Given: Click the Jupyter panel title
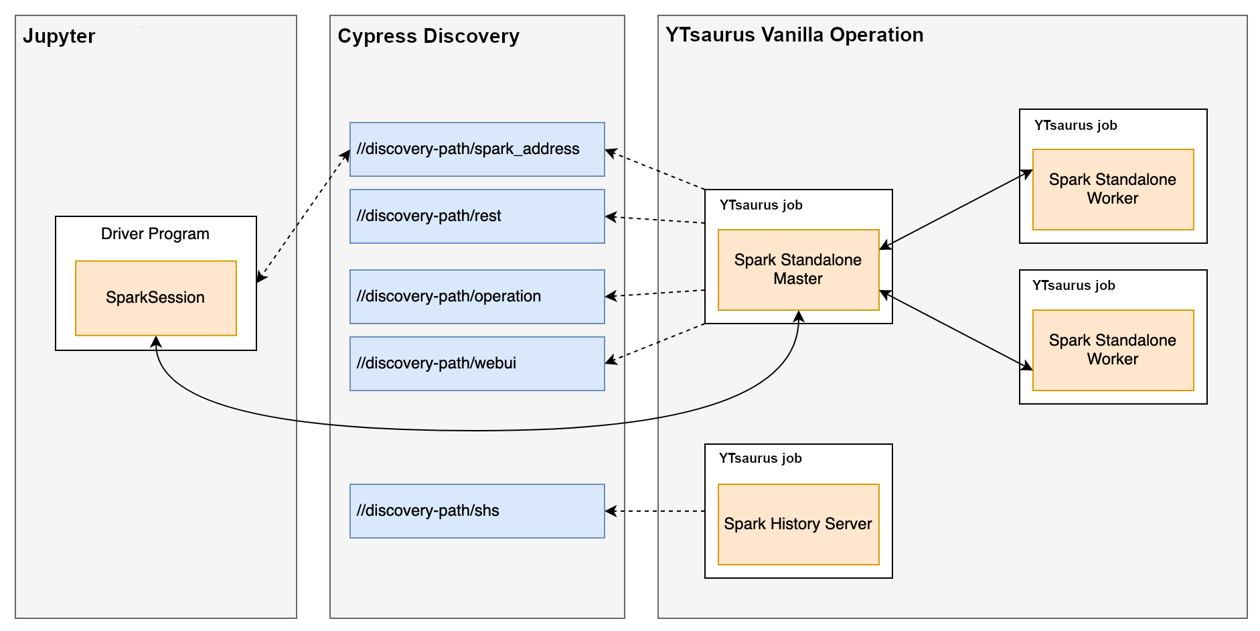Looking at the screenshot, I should (59, 36).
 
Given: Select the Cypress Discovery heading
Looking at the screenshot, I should (428, 36).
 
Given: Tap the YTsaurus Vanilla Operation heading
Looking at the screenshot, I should (794, 35).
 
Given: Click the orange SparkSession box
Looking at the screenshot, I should (155, 297).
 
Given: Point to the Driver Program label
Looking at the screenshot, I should (155, 234).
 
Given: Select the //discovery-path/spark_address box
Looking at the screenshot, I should (477, 149).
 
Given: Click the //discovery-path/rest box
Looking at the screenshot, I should (477, 216).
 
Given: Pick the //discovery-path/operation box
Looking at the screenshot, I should (477, 297).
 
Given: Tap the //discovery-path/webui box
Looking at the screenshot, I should (477, 364).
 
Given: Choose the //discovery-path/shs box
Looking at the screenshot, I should (477, 511).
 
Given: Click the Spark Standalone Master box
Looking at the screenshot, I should (798, 270).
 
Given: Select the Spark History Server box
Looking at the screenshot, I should (798, 524).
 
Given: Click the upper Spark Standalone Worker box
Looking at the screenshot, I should (1113, 190).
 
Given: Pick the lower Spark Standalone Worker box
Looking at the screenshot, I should (1113, 350).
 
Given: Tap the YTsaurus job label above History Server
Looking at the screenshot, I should (761, 458).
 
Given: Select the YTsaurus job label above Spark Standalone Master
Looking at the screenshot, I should (761, 205).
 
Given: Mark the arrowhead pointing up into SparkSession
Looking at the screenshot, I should (156, 342).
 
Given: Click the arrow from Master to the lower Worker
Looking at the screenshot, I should (956, 330).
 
